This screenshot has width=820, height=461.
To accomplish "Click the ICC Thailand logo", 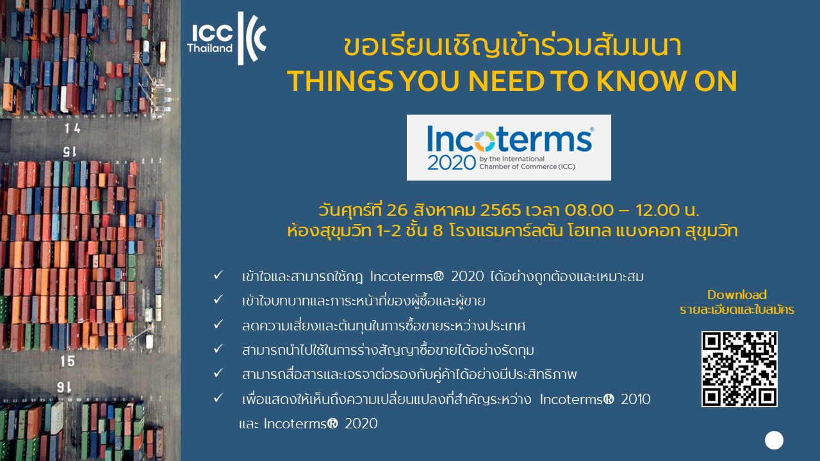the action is (x=227, y=38).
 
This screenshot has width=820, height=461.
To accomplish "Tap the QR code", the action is (x=739, y=369).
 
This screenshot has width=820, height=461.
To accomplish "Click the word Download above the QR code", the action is (x=737, y=295).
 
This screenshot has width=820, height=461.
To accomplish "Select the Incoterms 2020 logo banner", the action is (x=509, y=147).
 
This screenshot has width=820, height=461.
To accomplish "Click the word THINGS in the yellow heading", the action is (x=340, y=81).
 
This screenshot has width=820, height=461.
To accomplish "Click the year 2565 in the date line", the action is (x=500, y=211).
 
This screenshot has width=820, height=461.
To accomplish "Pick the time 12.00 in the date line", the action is (x=657, y=211).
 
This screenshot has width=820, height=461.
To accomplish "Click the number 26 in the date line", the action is (x=397, y=211).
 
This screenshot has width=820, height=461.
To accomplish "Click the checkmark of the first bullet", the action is (x=218, y=275).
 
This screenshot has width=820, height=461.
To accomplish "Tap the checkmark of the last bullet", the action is (x=218, y=398).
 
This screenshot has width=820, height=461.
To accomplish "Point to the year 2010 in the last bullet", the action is (x=635, y=399).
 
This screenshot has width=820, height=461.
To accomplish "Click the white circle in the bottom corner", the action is (x=774, y=440).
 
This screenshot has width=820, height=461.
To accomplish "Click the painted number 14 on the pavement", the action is (x=72, y=129).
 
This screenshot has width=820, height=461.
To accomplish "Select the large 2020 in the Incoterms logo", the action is (x=452, y=163).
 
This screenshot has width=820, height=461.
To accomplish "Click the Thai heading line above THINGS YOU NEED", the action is (x=512, y=47).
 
